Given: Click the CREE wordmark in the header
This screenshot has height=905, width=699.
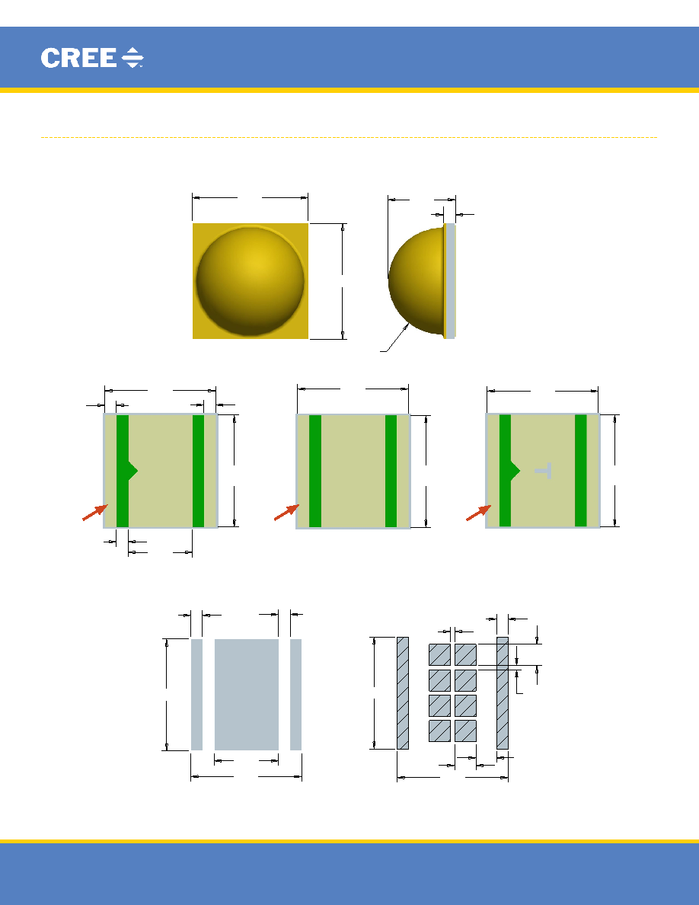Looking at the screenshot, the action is coord(78,58).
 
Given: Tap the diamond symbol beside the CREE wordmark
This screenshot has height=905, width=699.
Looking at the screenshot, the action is coord(132,58).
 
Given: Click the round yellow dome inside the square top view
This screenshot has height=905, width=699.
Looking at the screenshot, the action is coord(250,281).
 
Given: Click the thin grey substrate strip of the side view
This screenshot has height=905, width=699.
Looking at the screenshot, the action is coord(451,281).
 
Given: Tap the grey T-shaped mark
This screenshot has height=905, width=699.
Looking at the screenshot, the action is coord(543,470).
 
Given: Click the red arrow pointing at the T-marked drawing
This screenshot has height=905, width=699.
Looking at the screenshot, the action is coord(479,513).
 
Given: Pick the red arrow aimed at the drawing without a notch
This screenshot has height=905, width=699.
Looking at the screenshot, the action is coord(286,513).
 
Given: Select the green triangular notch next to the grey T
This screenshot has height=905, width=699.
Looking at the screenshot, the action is coord(515,471).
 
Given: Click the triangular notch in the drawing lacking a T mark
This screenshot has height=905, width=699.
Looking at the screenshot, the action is coord(132,471).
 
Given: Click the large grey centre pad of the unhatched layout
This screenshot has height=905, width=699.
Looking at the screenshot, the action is coord(246,694).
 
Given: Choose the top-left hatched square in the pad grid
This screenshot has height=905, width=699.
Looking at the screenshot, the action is coord(439,655).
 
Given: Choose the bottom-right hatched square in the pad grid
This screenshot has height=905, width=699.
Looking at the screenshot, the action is coord(465,731).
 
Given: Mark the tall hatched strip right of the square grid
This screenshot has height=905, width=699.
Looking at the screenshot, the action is coord(503,693).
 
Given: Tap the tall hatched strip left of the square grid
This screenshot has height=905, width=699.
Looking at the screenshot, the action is coord(403,693).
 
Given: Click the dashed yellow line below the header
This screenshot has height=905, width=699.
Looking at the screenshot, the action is coord(349,137).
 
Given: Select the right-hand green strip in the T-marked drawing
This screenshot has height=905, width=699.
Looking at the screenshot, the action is coord(581,470).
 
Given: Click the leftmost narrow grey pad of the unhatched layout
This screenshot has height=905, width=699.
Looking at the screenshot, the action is coord(196,694).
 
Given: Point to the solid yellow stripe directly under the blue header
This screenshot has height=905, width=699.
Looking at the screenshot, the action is coord(349,90).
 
